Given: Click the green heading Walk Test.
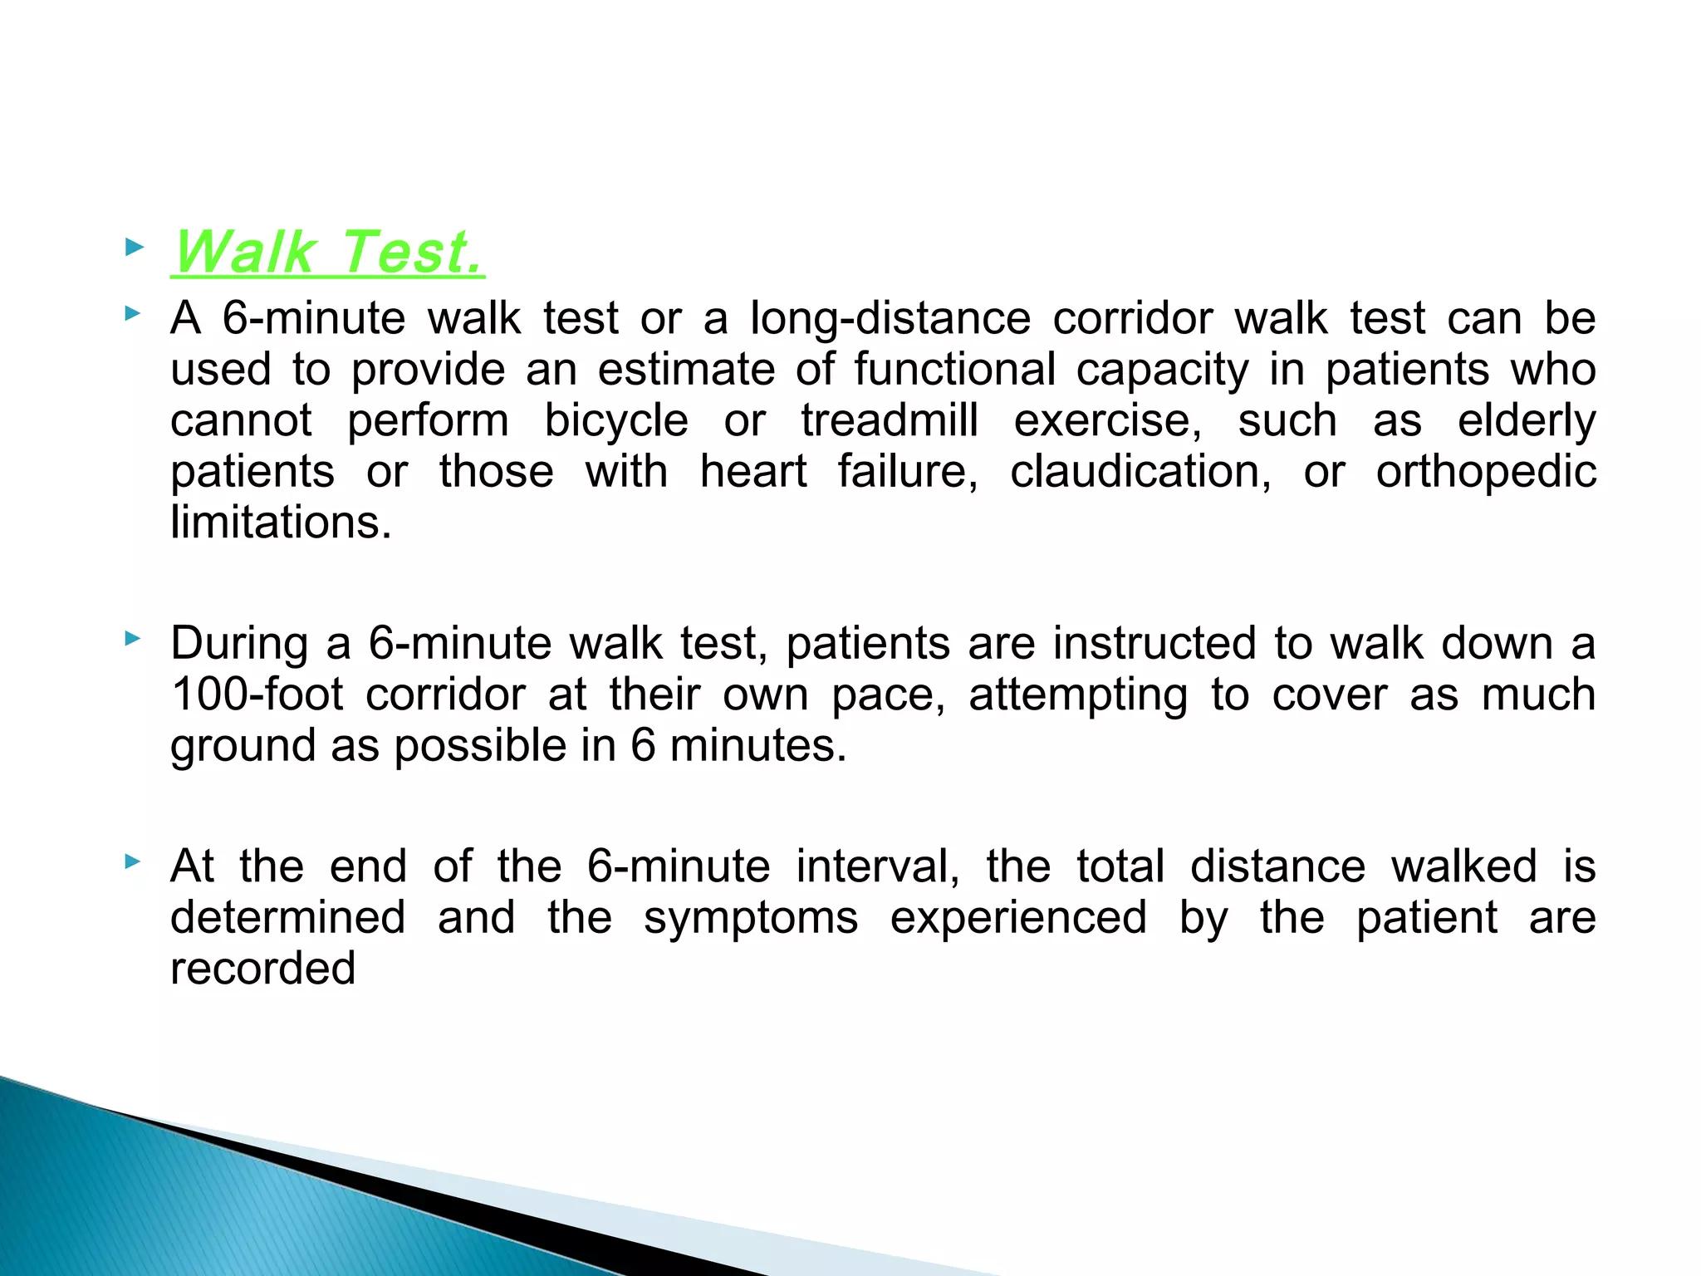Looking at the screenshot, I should (328, 252).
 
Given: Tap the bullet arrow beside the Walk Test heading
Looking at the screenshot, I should (133, 247).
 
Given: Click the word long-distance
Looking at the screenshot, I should (890, 319).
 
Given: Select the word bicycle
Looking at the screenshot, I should (615, 421).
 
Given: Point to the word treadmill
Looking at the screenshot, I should (889, 420).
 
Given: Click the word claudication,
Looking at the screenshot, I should (1140, 472).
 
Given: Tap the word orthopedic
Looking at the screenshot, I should (1485, 472).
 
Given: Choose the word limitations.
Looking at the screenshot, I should (281, 523).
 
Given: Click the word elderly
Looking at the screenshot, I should (1526, 421).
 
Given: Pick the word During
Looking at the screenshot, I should (239, 644).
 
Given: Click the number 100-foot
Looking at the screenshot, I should (257, 694).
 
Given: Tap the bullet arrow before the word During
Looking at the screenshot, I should (133, 639).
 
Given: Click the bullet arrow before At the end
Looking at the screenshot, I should (133, 862).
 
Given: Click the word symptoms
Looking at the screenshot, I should (751, 919).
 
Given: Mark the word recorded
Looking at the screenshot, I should (262, 969).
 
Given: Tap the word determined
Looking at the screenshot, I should (288, 918).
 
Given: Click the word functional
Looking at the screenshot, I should (954, 370).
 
